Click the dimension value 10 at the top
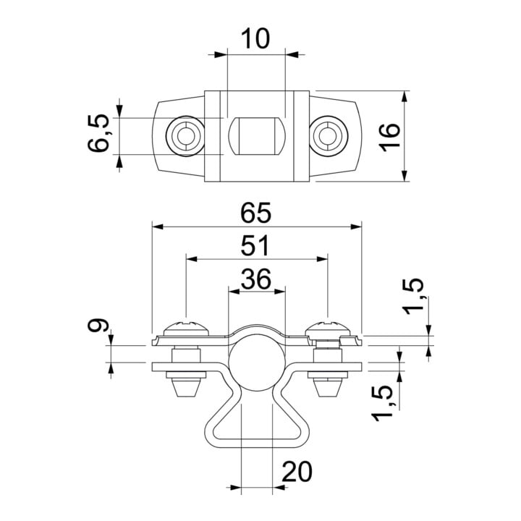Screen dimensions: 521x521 255,38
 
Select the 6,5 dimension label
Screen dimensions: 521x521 98,133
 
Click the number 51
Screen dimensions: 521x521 255,245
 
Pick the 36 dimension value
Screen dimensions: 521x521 256,279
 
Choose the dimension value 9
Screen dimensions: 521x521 98,325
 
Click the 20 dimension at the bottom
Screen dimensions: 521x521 297,471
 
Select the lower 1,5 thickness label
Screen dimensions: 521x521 382,403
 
